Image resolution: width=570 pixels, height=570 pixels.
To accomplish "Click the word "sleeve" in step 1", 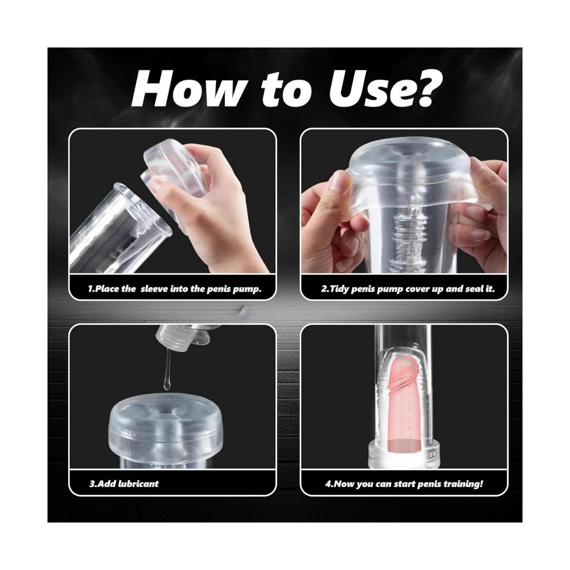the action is pyautogui.click(x=154, y=289).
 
